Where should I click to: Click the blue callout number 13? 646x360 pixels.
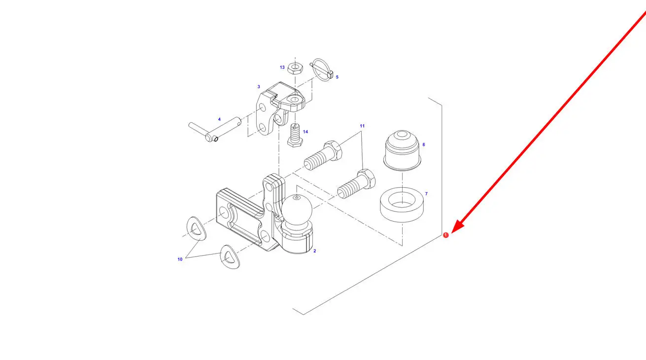coord(282,67)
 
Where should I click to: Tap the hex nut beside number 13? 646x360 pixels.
coord(295,68)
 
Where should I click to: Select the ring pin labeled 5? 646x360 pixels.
coord(322,69)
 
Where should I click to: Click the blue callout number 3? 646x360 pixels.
coord(259,87)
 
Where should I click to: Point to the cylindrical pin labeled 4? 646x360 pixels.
coord(215,130)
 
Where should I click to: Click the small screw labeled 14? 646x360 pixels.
coord(295,135)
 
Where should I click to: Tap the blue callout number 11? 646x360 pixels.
coord(362,126)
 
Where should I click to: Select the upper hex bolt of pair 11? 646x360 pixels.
coord(323,155)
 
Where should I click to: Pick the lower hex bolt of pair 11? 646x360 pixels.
coord(356,184)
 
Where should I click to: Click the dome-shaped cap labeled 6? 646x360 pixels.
coord(402,150)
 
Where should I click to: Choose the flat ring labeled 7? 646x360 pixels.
coord(402,205)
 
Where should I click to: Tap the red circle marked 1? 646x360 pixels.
coord(446,235)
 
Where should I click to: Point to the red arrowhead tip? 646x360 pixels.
coord(451,233)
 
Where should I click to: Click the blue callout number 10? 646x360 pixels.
coord(180,259)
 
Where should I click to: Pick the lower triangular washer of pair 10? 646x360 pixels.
coord(230,257)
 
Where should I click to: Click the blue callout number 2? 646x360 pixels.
coord(315,251)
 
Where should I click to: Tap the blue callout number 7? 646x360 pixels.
coord(426,194)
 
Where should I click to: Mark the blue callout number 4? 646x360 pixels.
coord(219,119)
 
